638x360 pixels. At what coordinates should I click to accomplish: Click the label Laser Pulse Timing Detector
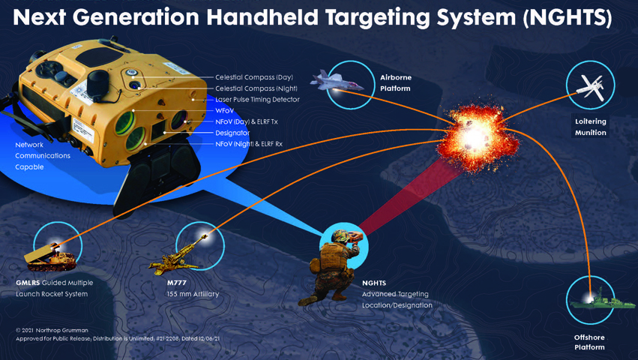pyautogui.click(x=257, y=100)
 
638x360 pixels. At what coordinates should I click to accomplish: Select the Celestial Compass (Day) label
pyautogui.click(x=254, y=77)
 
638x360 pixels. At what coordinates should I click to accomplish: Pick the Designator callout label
pyautogui.click(x=232, y=133)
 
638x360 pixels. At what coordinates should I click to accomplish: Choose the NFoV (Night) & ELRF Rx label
pyautogui.click(x=249, y=144)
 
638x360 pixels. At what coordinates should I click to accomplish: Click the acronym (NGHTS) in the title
pyautogui.click(x=568, y=17)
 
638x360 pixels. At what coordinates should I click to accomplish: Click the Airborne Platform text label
pyautogui.click(x=396, y=82)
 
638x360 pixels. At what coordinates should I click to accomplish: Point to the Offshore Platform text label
pyautogui.click(x=589, y=342)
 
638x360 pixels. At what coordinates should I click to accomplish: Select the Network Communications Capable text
pyautogui.click(x=43, y=156)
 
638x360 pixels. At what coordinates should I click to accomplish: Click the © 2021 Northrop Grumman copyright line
pyautogui.click(x=51, y=330)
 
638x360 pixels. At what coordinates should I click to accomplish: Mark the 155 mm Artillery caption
pyautogui.click(x=193, y=294)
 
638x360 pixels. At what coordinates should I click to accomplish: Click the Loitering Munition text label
pyautogui.click(x=591, y=127)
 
